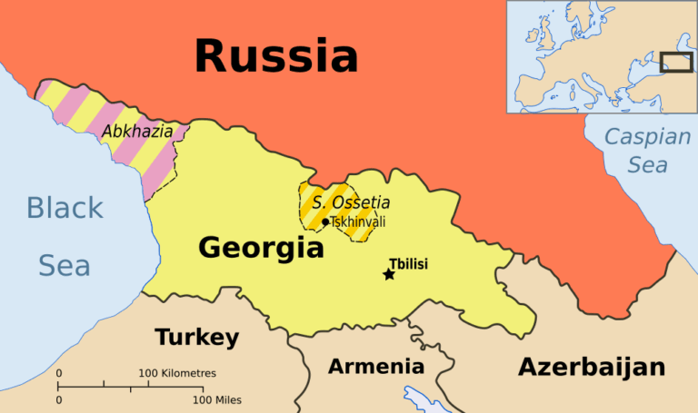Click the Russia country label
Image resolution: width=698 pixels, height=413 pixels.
pos(276,55)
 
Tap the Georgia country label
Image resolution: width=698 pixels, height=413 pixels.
pos(261,247)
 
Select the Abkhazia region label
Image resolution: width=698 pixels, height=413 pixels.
pos(137,132)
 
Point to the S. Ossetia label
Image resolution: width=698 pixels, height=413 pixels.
pos(351,202)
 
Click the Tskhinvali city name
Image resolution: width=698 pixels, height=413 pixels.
pos(358,221)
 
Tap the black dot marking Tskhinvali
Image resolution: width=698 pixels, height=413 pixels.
pos(325,222)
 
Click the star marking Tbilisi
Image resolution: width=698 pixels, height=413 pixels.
pos(389,274)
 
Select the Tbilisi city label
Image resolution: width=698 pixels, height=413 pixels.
pos(408,264)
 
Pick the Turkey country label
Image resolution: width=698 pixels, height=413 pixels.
pos(197,338)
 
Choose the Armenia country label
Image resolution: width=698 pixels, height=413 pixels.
pos(375,367)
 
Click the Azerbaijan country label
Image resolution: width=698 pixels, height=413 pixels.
pos(592,367)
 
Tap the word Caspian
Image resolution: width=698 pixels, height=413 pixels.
pos(648,138)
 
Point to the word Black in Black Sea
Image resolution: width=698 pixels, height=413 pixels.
pos(65,208)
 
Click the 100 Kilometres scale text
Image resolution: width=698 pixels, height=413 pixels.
pos(177,373)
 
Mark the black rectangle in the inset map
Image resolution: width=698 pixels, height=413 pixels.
pos(676,62)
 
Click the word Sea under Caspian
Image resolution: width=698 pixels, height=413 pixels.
pos(648,165)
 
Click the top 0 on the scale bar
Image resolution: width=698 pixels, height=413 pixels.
pos(59,373)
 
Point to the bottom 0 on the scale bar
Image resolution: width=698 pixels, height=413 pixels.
pos(59,399)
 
